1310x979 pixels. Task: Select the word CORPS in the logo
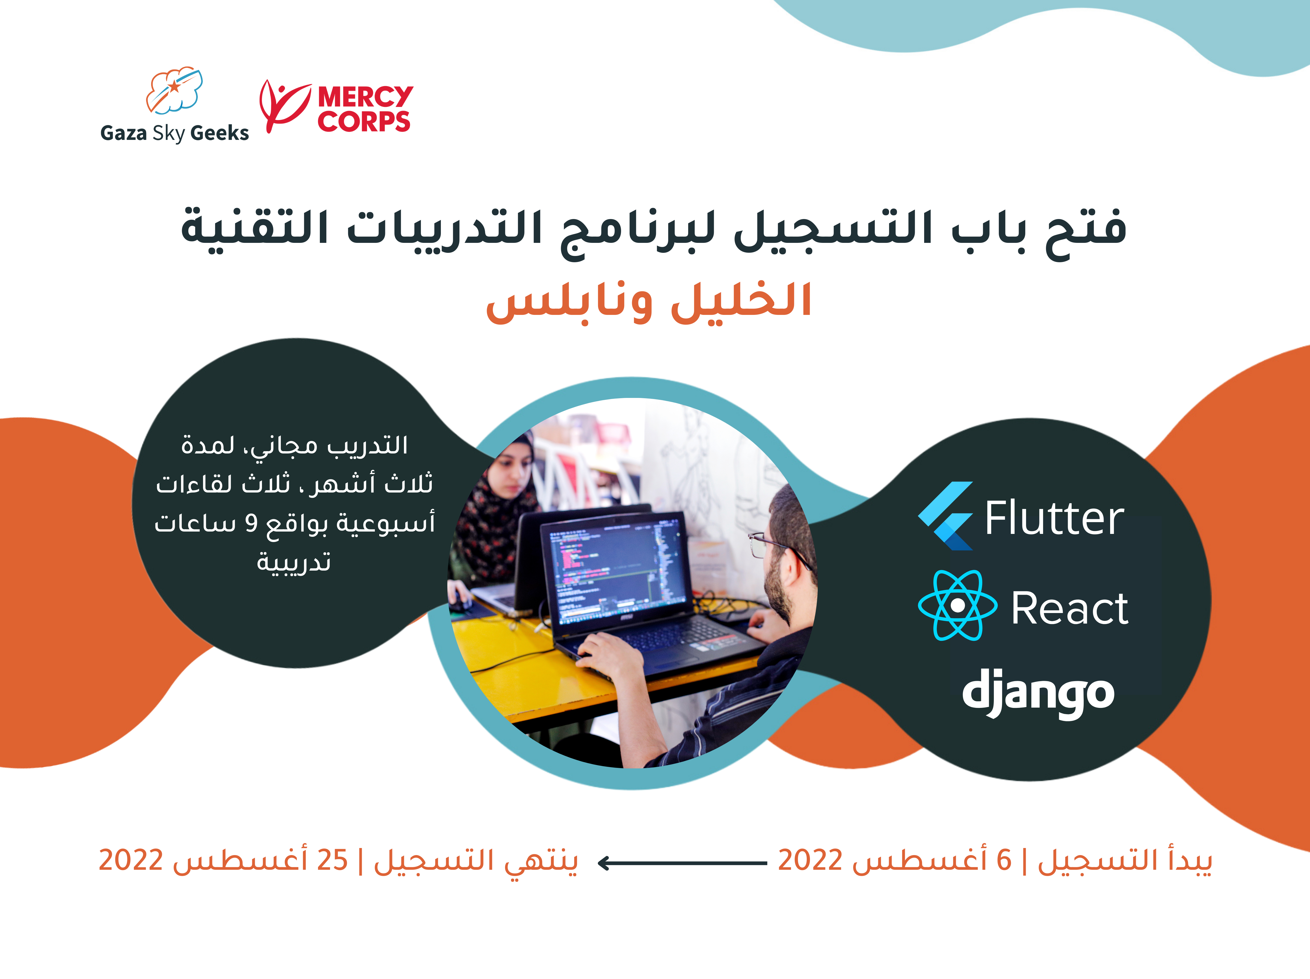(x=364, y=121)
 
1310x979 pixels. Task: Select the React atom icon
(x=957, y=605)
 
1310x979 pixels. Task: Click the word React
(x=1070, y=608)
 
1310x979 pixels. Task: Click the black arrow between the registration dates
(x=682, y=863)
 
